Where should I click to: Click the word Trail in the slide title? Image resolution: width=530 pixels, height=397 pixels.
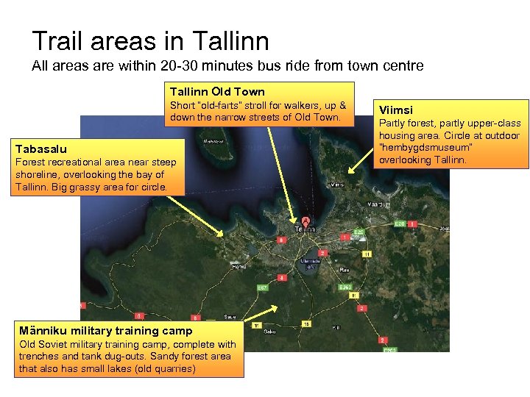pos(55,40)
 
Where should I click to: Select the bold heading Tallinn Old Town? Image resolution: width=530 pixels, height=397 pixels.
pos(217,92)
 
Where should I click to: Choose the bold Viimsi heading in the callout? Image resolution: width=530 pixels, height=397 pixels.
pos(396,110)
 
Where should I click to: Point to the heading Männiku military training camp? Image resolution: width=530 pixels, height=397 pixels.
pos(106,331)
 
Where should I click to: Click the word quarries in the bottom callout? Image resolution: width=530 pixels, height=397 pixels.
pos(174,368)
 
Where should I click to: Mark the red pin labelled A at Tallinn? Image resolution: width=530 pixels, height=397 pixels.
pos(305,220)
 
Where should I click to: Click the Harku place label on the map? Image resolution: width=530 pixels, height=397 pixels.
pos(239,266)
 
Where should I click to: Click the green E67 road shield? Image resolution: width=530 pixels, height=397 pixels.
pos(261,287)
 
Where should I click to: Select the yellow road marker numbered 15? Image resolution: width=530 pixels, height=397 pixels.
pos(307,323)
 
